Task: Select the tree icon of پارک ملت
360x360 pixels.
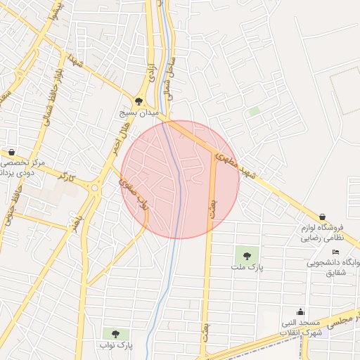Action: pos(246,256)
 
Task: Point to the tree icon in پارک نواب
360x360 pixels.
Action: pos(115,333)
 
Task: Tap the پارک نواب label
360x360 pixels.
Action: pos(115,345)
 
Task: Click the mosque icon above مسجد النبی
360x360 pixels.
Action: pos(301,311)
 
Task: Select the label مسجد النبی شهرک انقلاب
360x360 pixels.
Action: pos(301,327)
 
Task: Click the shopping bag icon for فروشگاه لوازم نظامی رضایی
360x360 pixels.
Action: pos(322,217)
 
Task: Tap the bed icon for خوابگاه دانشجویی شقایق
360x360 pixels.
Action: pos(335,252)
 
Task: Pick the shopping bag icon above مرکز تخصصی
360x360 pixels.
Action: pos(12,152)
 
